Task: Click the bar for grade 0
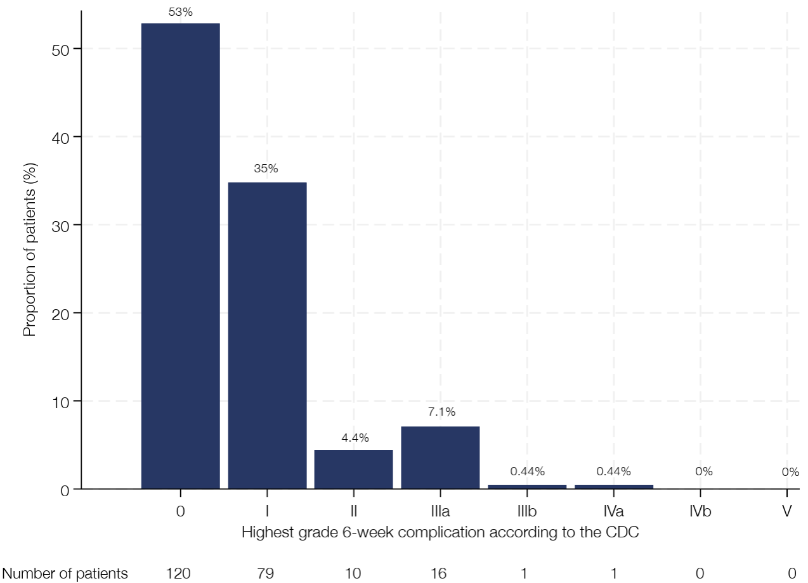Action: point(180,256)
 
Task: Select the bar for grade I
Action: point(267,335)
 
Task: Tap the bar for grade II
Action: point(353,469)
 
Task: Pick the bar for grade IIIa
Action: point(440,458)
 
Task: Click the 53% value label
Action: point(180,12)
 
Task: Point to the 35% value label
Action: point(266,169)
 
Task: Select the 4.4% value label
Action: point(355,438)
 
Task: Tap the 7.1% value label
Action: point(441,411)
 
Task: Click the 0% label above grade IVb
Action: point(704,471)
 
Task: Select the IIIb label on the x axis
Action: point(527,511)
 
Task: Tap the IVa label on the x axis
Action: point(613,511)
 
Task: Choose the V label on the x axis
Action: point(786,511)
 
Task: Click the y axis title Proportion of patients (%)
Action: point(30,250)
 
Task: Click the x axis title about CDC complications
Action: point(440,532)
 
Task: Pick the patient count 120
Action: point(178,573)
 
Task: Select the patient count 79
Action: point(266,573)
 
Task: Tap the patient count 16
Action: point(439,573)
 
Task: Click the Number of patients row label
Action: point(65,573)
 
